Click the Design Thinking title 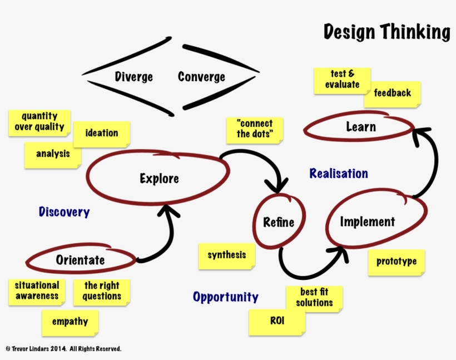point(386,32)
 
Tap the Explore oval point(159,178)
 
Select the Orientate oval point(81,260)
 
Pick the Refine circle point(278,223)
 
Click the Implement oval point(368,221)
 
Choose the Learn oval point(360,127)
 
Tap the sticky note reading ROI point(277,321)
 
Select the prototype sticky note point(396,261)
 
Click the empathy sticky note point(70,322)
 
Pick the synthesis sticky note point(226,255)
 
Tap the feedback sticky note point(392,93)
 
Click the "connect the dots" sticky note point(255,129)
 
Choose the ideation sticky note point(102,133)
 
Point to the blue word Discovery point(64,212)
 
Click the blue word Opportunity point(225,297)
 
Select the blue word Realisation point(339,174)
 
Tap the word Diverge point(133,77)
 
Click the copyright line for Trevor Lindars point(63,349)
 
